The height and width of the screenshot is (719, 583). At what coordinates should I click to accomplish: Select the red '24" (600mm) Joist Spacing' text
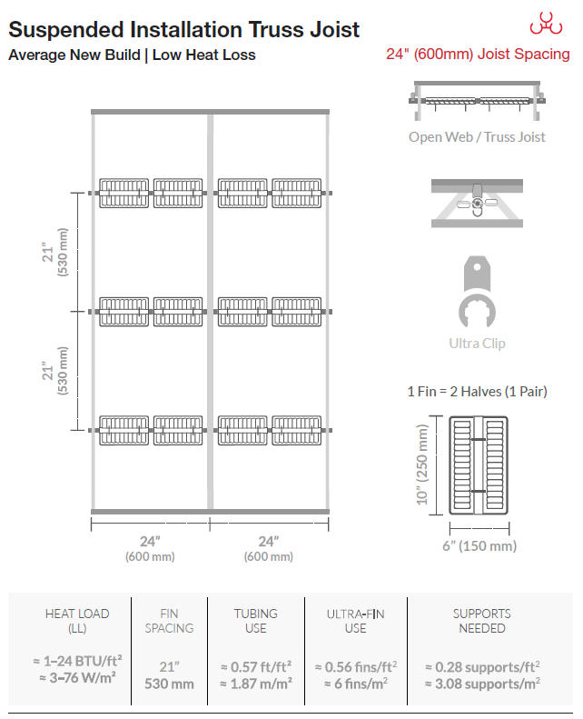(x=478, y=55)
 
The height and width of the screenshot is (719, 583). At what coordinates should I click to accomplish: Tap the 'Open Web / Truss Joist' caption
(x=477, y=137)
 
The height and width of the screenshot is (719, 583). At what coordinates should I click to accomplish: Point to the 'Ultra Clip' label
(x=478, y=344)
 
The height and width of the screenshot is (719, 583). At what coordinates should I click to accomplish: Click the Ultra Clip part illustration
(x=478, y=292)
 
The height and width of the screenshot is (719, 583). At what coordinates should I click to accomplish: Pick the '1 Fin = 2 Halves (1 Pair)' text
(x=478, y=392)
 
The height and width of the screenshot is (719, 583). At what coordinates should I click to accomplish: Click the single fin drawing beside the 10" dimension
(x=479, y=465)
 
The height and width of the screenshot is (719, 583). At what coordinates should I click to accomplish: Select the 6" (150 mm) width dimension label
(x=479, y=546)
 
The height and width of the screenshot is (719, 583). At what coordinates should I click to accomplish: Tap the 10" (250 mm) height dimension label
(x=422, y=464)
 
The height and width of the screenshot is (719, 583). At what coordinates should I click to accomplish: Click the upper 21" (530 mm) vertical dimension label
(x=55, y=252)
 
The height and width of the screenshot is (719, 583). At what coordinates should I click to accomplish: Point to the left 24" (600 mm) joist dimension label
(x=150, y=548)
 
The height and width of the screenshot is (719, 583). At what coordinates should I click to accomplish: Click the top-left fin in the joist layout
(x=124, y=193)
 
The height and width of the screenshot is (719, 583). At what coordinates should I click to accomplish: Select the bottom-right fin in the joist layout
(x=297, y=431)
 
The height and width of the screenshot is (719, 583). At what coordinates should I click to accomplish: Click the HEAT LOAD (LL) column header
(x=77, y=621)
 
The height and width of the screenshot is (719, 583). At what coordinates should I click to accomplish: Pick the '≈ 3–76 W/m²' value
(x=77, y=678)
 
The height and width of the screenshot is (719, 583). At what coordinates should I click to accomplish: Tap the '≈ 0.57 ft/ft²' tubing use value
(x=256, y=666)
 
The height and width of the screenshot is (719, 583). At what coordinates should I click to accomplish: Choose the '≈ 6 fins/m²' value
(x=356, y=684)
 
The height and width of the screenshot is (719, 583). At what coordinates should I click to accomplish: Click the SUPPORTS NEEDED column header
(x=482, y=621)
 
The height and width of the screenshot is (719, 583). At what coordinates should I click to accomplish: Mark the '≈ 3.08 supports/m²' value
(x=482, y=684)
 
